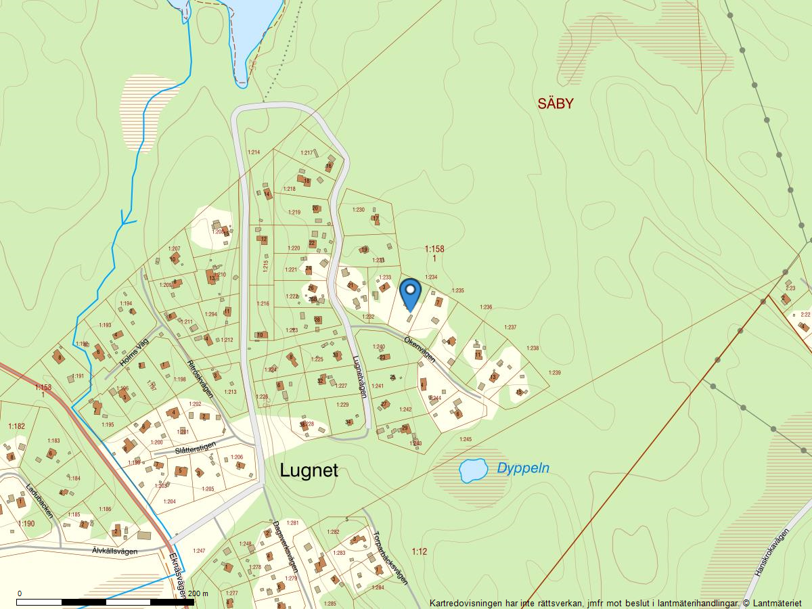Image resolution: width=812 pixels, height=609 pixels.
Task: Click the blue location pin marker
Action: coord(410,293)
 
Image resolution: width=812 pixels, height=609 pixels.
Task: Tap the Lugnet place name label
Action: coord(309,471)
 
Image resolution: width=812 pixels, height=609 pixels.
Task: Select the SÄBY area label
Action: coord(556,104)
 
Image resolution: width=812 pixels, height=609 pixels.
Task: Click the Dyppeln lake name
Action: coord(523,468)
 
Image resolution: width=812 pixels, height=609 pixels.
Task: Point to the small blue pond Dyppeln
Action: coord(473,470)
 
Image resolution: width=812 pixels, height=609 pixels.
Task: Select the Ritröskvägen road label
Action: coord(201,379)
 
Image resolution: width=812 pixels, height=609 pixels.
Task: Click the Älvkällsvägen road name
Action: coord(114,551)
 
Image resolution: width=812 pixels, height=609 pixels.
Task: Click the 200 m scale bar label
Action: coord(198,593)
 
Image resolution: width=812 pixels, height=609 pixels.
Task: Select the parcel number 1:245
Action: coord(466,440)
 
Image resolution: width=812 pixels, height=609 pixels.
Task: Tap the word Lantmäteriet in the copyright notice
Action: coord(776,603)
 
